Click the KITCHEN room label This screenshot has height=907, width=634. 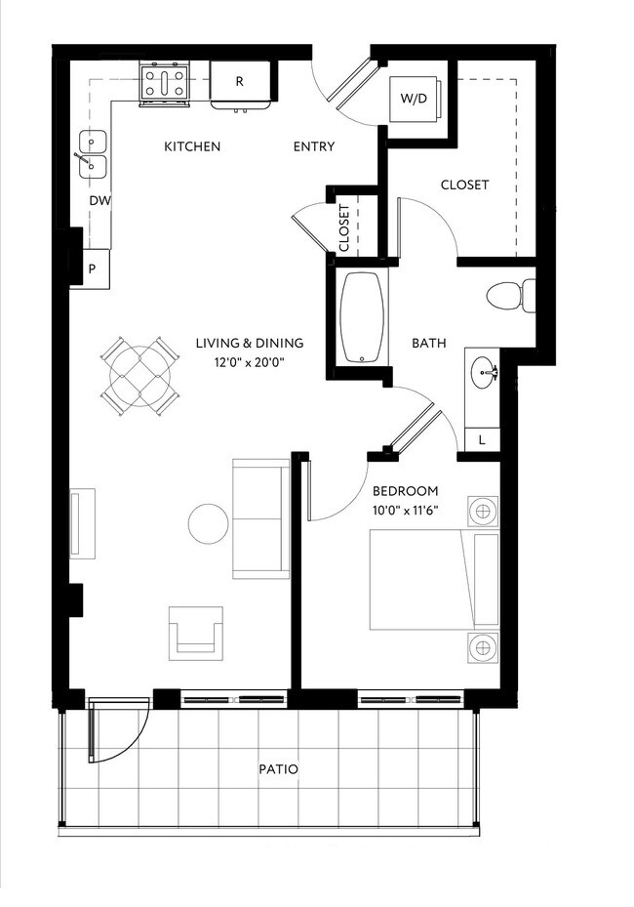[x=191, y=146]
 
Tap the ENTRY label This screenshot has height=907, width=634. [x=314, y=146]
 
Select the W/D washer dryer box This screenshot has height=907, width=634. [x=414, y=99]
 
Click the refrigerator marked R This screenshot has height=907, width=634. [x=239, y=83]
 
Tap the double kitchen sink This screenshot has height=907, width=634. [x=93, y=155]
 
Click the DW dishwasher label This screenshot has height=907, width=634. [x=99, y=201]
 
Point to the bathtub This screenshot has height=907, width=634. [x=363, y=317]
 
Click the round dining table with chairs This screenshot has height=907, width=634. [x=141, y=374]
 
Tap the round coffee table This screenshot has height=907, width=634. [x=209, y=523]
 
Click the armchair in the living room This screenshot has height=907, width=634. [x=196, y=632]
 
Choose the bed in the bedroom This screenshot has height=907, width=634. [x=434, y=579]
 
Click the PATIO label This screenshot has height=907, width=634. [x=278, y=769]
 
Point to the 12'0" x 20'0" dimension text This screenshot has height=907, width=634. [x=249, y=362]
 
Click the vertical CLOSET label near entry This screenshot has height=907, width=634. [x=343, y=227]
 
